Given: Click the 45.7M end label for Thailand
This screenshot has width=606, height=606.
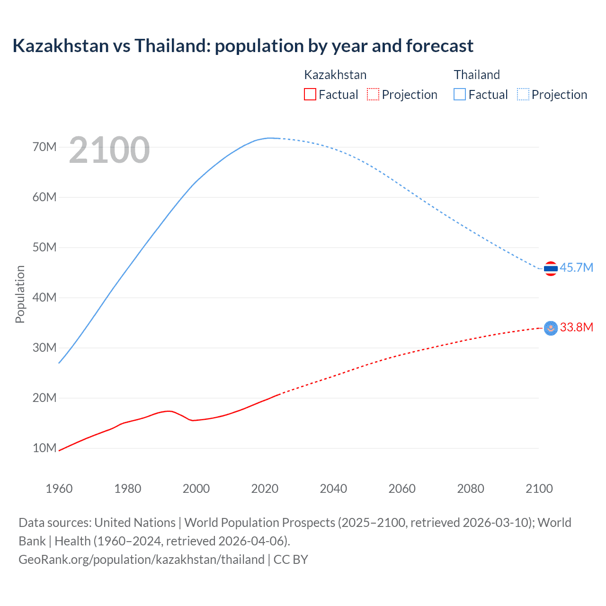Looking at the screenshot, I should pos(576,267).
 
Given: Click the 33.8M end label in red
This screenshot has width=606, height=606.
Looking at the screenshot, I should pos(576,327).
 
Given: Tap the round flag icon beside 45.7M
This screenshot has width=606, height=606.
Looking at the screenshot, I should pos(551,268).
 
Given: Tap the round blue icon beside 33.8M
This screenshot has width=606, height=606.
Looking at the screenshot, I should pos(551,328).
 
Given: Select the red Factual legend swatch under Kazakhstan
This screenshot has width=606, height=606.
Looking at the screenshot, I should pos(310,94).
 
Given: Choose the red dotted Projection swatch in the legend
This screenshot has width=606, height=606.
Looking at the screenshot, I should pos(373,94).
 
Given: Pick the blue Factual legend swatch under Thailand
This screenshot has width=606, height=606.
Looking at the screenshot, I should pos(460,94).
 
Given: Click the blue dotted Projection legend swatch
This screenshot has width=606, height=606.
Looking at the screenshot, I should pos(523,94).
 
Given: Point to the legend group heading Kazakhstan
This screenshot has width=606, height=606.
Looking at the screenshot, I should pos(335,75).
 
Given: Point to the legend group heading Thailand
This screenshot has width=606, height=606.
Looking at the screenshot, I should pos(477,75).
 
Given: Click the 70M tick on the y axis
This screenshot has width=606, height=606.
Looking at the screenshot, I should pos(45,147).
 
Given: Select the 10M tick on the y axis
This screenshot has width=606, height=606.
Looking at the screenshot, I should pos(45,448).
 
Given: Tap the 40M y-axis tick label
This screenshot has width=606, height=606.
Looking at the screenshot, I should pos(45,297).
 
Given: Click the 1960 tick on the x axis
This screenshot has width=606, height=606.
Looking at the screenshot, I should pos(59,489).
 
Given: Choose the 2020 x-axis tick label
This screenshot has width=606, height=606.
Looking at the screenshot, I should pos(265,489).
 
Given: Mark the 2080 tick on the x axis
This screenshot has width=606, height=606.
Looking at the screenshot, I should pos(471,489).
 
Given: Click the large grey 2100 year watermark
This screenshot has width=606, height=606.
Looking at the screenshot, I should pos(109,150).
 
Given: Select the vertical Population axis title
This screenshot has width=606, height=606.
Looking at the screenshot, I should pos(20,294).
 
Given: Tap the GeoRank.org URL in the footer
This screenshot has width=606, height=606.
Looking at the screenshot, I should pos(142,559).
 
